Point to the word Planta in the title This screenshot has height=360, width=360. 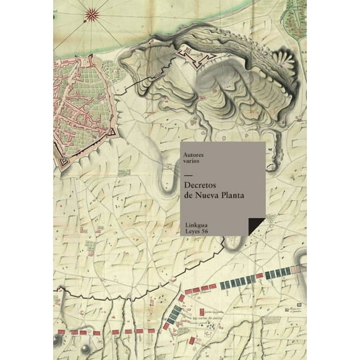pos(233,195)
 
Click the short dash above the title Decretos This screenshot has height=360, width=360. pos(189,176)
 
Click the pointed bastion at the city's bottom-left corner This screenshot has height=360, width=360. pos(64,162)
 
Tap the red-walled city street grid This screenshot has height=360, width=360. pos(81,106)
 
